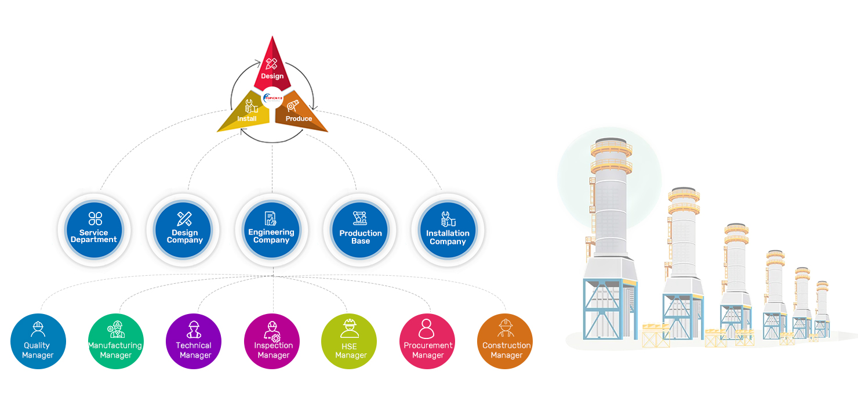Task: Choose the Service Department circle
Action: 94,229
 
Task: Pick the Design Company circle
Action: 184,229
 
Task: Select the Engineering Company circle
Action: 271,229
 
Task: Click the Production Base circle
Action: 361,229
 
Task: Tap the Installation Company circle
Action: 448,229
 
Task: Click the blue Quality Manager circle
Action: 38,341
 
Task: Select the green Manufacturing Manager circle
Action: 115,341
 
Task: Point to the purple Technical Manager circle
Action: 194,341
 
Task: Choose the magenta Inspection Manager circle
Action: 272,341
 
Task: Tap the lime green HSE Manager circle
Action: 349,341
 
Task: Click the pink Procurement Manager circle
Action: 427,341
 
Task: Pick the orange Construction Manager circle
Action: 505,341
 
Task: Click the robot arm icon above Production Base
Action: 360,218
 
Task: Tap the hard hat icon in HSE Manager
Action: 350,328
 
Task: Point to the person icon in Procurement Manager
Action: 427,328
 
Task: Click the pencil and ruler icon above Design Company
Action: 184,219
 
